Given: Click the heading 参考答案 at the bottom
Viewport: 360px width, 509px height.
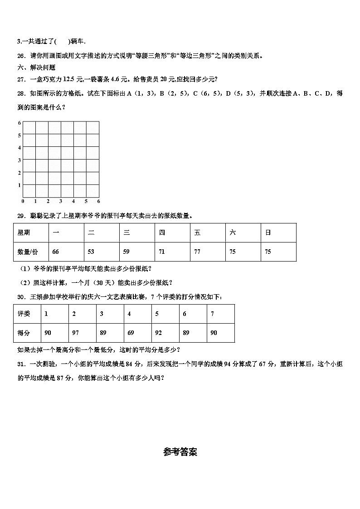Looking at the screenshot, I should pyautogui.click(x=180, y=452).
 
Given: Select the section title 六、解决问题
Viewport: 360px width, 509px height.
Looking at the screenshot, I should pyautogui.click(x=36, y=68).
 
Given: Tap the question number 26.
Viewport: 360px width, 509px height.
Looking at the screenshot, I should pyautogui.click(x=20, y=56).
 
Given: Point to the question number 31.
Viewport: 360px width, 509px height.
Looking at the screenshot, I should pyautogui.click(x=20, y=364).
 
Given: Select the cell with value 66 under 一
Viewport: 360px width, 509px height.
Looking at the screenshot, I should pyautogui.click(x=56, y=252).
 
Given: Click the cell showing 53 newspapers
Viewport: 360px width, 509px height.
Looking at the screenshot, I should pyautogui.click(x=91, y=252).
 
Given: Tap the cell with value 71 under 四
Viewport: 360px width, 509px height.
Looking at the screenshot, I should pyautogui.click(x=162, y=252).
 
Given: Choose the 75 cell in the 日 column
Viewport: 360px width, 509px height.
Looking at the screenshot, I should pyautogui.click(x=268, y=252).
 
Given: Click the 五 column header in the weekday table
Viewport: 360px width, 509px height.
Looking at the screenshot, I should pyautogui.click(x=197, y=233).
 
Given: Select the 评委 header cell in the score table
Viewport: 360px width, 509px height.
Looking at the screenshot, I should pyautogui.click(x=24, y=314).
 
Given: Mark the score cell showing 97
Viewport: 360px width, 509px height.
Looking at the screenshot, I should pyautogui.click(x=75, y=333).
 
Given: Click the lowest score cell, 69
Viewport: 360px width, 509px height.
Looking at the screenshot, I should pyautogui.click(x=131, y=333).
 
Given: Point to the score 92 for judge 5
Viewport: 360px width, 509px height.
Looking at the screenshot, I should pyautogui.click(x=158, y=333).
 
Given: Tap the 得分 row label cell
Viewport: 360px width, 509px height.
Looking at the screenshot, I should pyautogui.click(x=24, y=333).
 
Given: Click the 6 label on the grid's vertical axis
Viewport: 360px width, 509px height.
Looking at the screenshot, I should pyautogui.click(x=19, y=123).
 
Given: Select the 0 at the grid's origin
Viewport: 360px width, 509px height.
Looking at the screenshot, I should pyautogui.click(x=23, y=201).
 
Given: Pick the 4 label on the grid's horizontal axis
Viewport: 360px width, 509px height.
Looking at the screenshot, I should pyautogui.click(x=73, y=201).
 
